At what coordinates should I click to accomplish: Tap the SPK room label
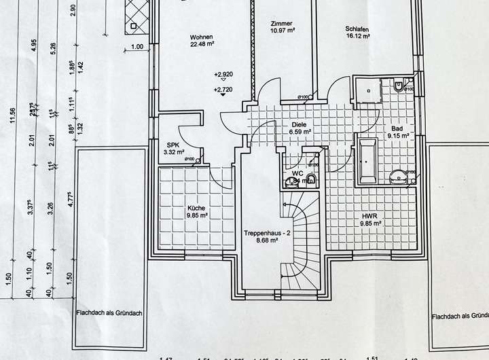pyautogui.click(x=173, y=144)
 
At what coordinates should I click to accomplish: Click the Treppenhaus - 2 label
pyautogui.click(x=267, y=234)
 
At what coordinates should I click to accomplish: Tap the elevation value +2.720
pyautogui.click(x=224, y=90)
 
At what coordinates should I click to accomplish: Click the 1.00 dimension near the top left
pyautogui.click(x=137, y=47)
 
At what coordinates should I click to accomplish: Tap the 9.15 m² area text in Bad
pyautogui.click(x=399, y=135)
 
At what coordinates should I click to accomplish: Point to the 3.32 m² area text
pyautogui.click(x=175, y=152)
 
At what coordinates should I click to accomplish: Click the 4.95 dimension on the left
pyautogui.click(x=33, y=46)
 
